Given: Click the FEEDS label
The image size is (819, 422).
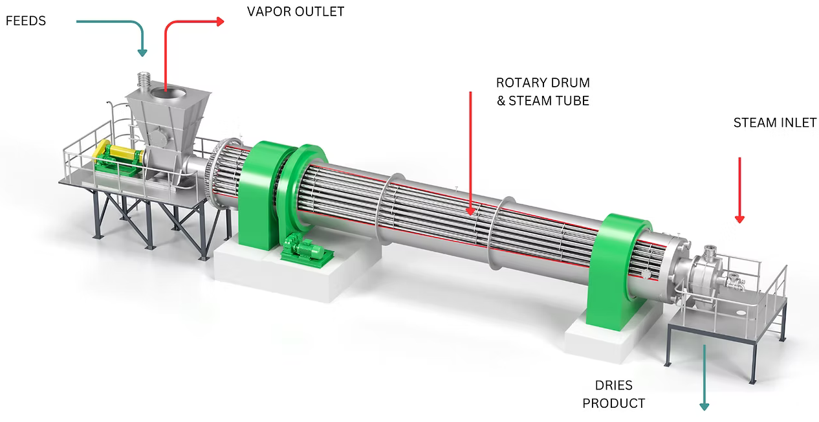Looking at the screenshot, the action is click(26, 21).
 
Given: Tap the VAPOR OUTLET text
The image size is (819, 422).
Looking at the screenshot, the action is click(296, 12).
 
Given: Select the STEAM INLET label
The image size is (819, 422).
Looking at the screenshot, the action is click(775, 123).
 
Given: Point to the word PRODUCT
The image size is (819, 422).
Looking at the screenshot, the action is click(613, 403).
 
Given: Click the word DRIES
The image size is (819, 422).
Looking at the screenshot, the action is click(613, 386).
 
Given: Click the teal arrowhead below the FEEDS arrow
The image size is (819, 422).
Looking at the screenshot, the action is click(142, 52).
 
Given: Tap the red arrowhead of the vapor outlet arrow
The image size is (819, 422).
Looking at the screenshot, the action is click(220, 21).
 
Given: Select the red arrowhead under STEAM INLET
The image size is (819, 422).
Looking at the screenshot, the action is click(739, 219).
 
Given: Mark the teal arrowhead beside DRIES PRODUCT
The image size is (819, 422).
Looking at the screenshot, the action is click(704, 406).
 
